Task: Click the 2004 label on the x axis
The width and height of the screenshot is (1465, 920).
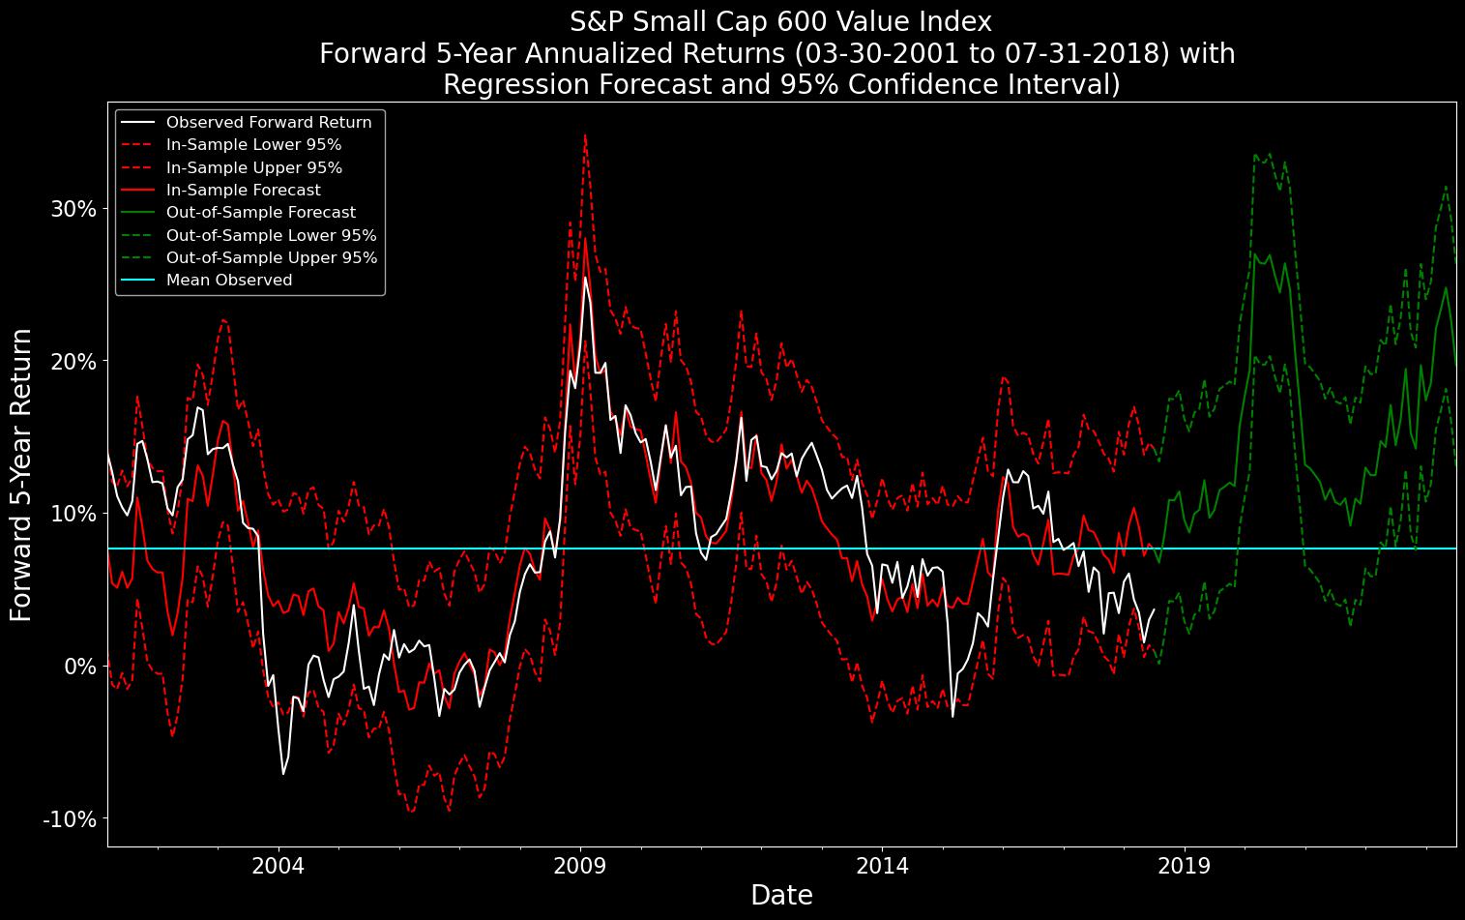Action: tap(278, 865)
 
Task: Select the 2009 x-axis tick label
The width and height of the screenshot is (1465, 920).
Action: tap(580, 865)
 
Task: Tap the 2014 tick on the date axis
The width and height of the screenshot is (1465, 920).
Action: tap(882, 865)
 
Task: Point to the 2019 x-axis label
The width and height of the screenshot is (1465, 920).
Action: tap(1184, 865)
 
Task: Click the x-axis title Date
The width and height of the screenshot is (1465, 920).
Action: tap(781, 896)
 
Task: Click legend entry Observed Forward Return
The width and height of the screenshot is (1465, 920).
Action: tap(268, 123)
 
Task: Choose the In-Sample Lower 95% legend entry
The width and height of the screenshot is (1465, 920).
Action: tap(253, 145)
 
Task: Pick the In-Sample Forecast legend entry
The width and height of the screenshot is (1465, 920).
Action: tap(243, 191)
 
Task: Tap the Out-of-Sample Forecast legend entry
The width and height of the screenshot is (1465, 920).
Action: tap(260, 213)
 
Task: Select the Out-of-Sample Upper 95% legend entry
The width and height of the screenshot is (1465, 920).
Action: tap(271, 258)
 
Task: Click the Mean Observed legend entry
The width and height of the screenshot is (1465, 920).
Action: tap(228, 281)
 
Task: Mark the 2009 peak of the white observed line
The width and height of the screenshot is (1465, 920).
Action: tap(584, 278)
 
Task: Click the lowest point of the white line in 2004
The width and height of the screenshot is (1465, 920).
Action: tap(283, 774)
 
